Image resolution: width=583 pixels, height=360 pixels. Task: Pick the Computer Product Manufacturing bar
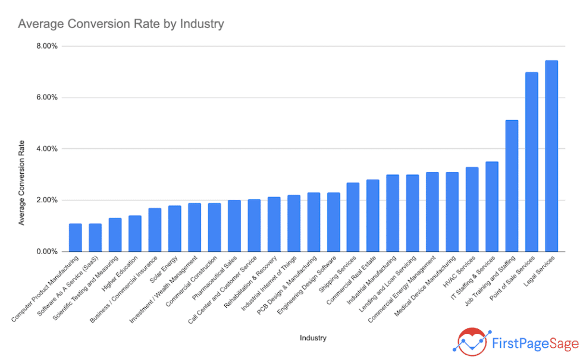coord(76,237)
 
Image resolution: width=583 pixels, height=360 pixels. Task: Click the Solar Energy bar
coord(175,228)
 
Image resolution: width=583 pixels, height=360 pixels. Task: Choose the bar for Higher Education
coord(135,233)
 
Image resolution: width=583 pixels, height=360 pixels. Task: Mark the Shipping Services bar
coord(353,217)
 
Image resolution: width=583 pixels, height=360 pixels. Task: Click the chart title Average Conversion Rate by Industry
coord(121,24)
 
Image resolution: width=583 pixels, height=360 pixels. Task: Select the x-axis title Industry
coord(313,338)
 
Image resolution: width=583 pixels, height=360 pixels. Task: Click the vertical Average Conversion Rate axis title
coord(21,183)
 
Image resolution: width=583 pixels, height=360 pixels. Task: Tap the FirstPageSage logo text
coord(535,343)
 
